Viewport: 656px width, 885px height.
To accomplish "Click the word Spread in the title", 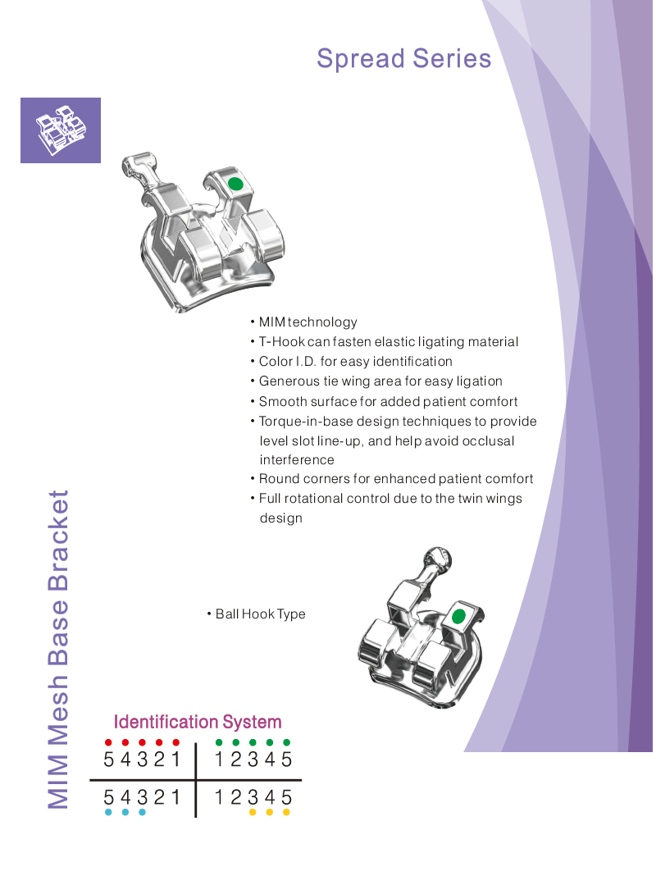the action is [361, 59].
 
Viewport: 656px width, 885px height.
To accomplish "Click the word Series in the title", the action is [452, 59].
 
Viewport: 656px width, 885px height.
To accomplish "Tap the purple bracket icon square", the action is [61, 130].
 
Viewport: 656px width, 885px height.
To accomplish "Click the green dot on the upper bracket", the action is [235, 184].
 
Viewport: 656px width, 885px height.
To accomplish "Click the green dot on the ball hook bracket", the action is [458, 617].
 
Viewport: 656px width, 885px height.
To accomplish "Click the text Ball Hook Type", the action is [261, 614].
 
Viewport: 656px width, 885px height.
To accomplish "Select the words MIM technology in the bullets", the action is [308, 322].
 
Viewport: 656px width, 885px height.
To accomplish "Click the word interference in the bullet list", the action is [297, 460].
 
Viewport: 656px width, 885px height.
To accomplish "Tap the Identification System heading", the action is [198, 722].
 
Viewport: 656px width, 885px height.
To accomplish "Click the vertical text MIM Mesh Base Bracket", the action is [58, 650].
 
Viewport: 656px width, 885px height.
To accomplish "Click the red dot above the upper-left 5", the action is [108, 742].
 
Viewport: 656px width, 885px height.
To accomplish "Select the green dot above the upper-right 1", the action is [219, 742].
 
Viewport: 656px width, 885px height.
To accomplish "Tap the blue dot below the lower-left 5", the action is [108, 812].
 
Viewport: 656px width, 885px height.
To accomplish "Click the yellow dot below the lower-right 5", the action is [286, 812].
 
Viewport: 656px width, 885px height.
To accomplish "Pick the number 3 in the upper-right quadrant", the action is [253, 760].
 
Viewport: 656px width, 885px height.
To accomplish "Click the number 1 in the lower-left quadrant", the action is [176, 797].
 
